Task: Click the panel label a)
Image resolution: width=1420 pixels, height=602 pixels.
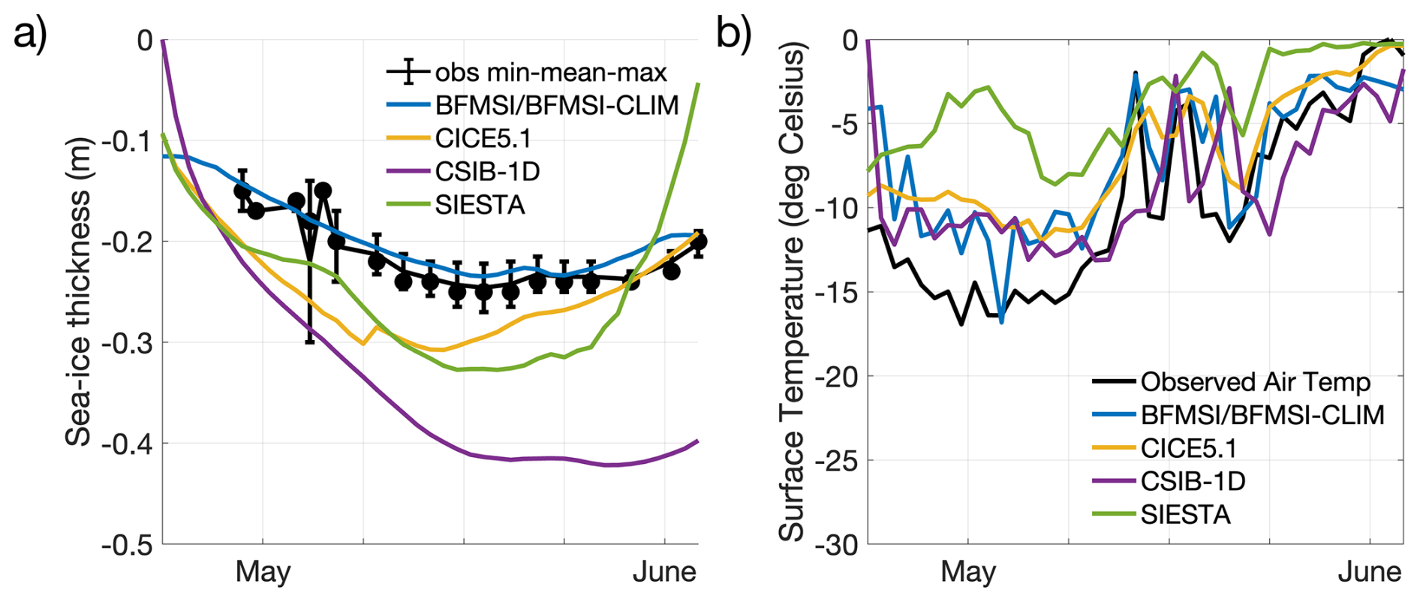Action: [x=31, y=33]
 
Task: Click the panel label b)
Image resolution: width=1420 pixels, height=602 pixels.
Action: [x=733, y=33]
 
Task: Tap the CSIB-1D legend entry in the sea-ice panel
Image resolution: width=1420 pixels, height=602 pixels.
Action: [x=487, y=172]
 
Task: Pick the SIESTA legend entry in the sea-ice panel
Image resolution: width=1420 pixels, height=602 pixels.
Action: [x=480, y=205]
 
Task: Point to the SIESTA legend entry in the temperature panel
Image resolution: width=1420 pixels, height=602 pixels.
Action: [x=1185, y=514]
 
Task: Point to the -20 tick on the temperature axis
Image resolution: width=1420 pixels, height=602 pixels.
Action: [x=838, y=376]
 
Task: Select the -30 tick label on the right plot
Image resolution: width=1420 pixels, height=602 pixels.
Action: [x=838, y=545]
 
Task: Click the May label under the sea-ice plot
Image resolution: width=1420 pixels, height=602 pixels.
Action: [x=263, y=573]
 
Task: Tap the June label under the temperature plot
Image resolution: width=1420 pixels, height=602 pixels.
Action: [x=1369, y=573]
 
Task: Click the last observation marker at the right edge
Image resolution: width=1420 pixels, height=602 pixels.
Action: [x=698, y=242]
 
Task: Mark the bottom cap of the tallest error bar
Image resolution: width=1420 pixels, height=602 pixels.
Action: [x=309, y=342]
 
